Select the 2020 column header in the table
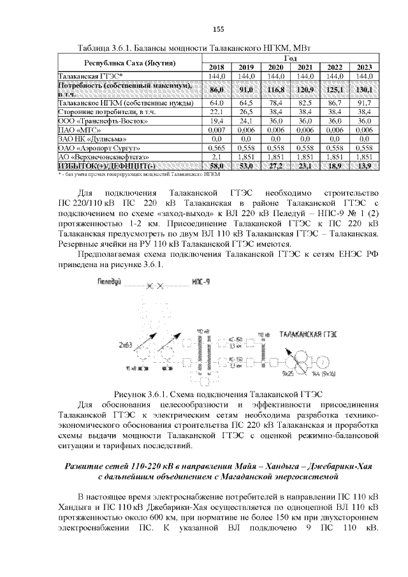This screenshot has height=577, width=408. point(276,67)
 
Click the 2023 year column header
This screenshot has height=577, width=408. point(364,67)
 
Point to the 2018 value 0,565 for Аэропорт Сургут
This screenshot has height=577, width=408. point(215,147)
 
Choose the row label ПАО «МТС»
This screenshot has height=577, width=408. point(76,129)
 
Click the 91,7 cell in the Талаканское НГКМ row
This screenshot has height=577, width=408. point(364,102)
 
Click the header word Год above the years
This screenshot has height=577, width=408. point(290,58)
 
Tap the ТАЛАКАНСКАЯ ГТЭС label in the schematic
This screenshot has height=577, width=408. point(309,333)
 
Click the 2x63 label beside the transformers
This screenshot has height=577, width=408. point(125,345)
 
